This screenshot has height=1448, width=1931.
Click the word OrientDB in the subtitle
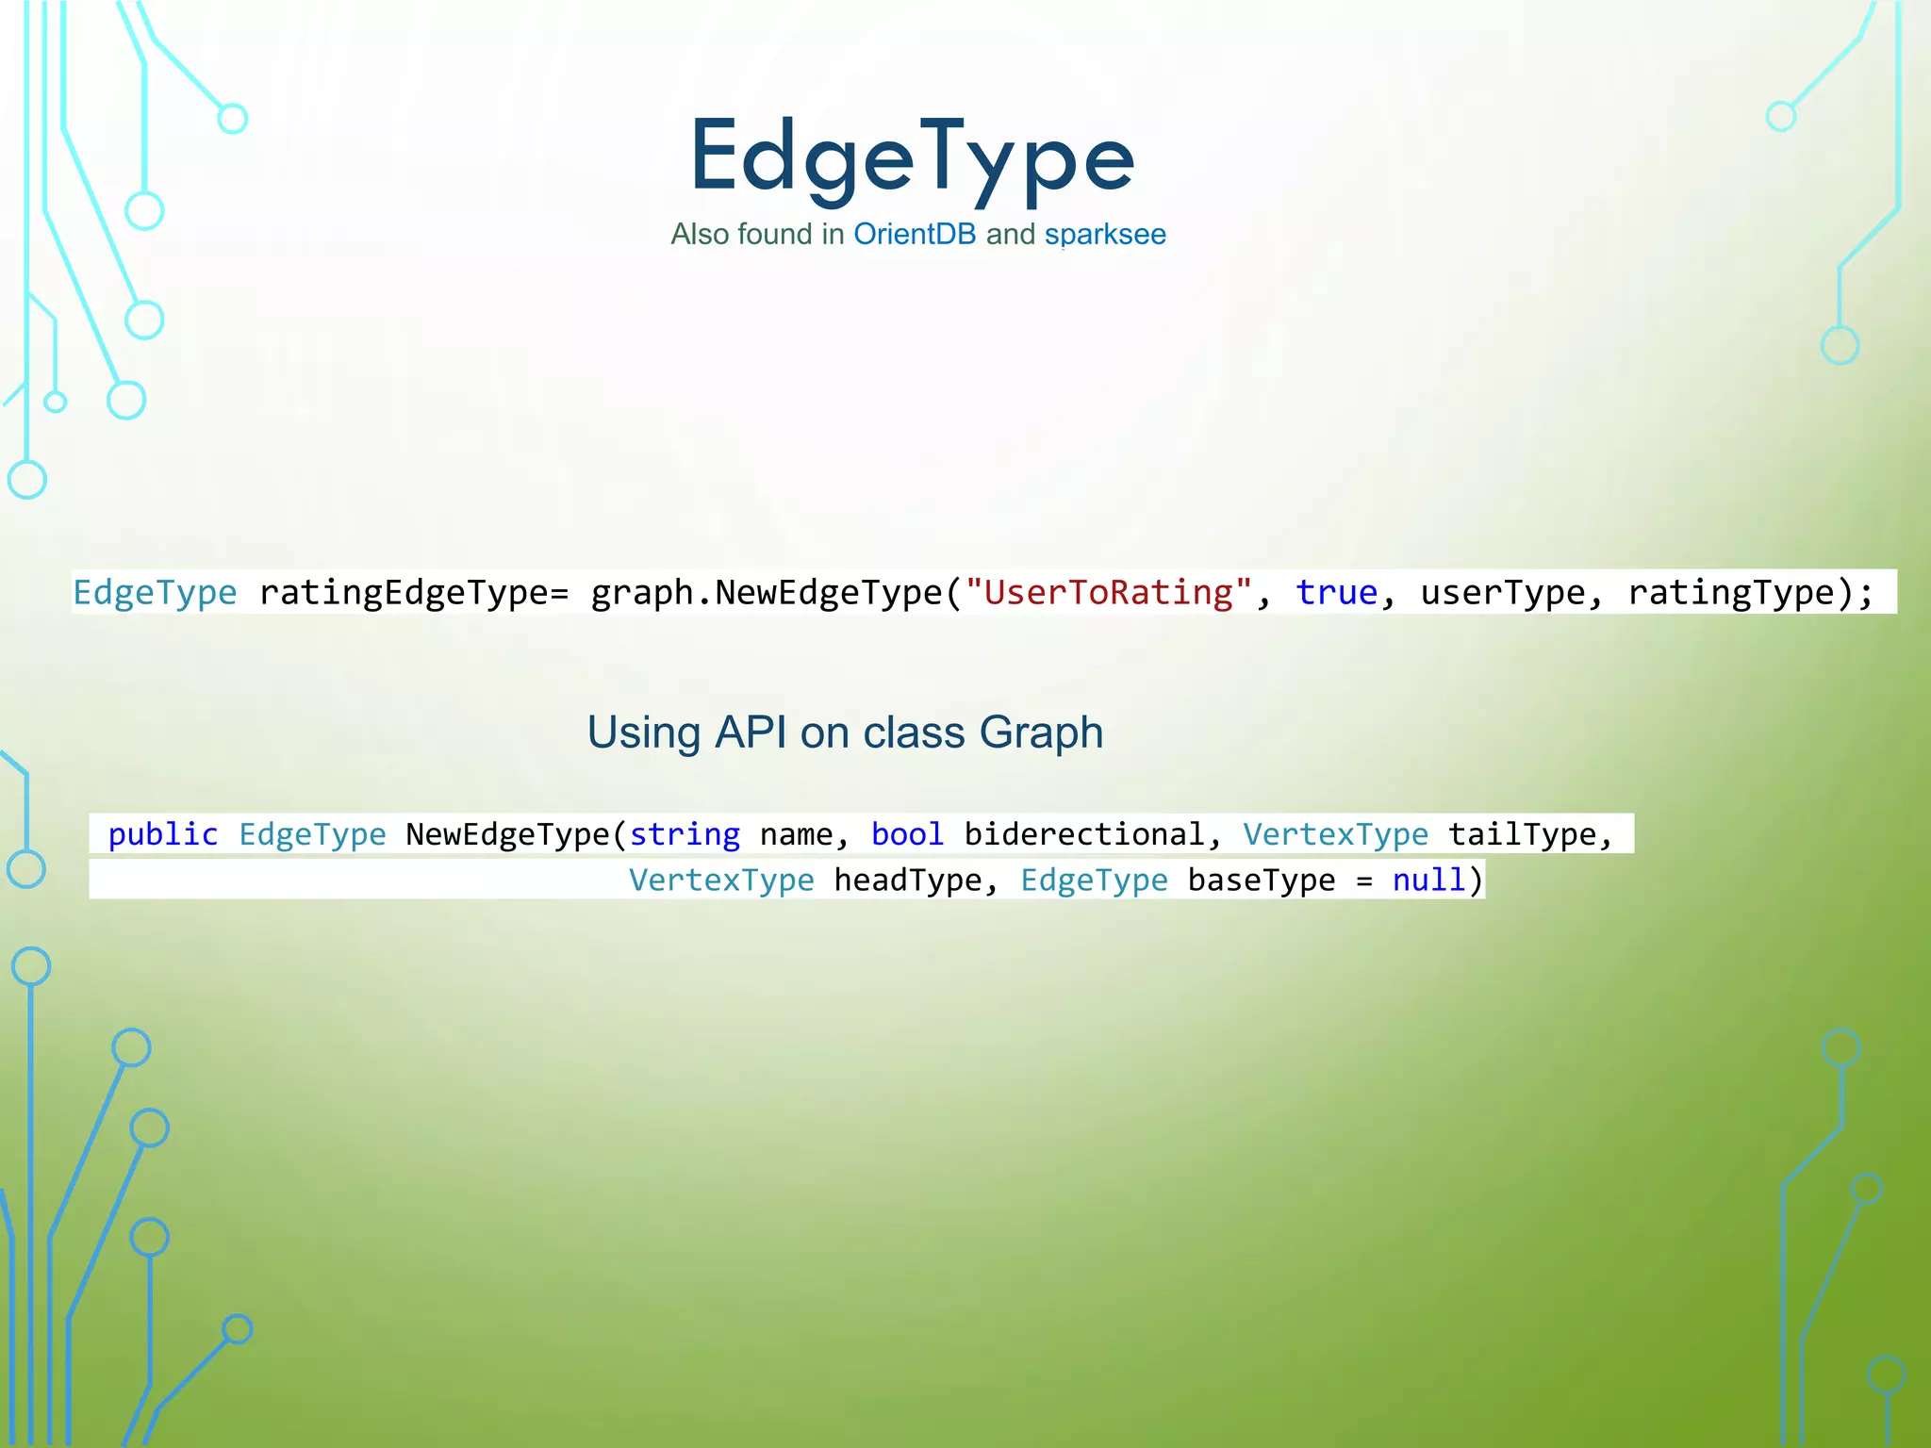click(x=915, y=234)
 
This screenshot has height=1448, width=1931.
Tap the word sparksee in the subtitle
click(x=1105, y=234)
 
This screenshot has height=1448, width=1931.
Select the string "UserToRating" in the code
click(x=1109, y=592)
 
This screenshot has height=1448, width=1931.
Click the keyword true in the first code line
click(x=1336, y=592)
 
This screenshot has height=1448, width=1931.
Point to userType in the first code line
click(x=1503, y=592)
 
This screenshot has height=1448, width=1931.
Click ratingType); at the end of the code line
click(x=1750, y=592)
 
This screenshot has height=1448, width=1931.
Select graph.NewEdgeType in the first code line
click(x=766, y=592)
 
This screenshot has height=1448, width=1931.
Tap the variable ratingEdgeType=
click(x=414, y=592)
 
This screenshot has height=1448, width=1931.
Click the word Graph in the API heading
click(x=1041, y=732)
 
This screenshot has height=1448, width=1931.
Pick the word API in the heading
click(x=751, y=732)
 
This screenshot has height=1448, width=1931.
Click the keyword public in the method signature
click(x=163, y=834)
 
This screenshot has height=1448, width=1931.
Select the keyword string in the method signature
click(x=685, y=834)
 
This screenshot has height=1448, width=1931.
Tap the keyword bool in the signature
click(x=907, y=834)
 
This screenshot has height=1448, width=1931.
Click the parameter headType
click(x=908, y=880)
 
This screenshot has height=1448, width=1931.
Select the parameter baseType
click(x=1261, y=880)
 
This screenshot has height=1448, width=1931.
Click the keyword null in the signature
click(x=1428, y=880)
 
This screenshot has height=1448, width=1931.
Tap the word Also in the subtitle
click(x=700, y=234)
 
